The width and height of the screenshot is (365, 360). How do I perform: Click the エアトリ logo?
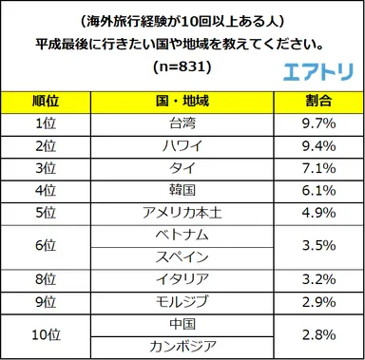point(317,70)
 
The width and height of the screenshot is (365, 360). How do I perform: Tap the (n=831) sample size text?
point(182,69)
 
